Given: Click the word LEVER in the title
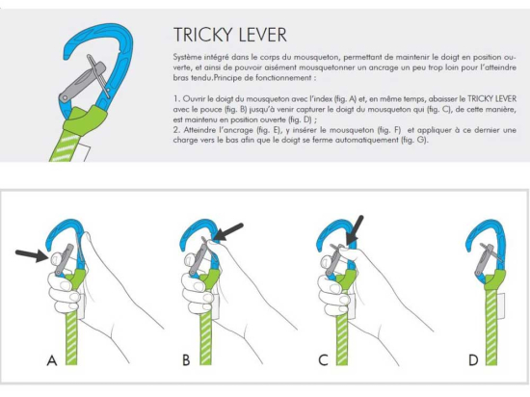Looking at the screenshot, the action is (261, 35).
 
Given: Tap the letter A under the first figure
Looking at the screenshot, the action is (52, 360).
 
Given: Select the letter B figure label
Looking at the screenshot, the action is (186, 360).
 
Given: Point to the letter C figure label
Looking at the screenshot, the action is (323, 360).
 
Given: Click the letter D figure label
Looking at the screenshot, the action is (473, 360).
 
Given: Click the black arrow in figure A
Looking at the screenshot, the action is (32, 255).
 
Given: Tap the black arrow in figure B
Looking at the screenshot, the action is (229, 232).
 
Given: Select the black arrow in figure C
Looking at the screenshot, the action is (355, 229).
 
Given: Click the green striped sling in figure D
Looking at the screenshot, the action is (491, 326).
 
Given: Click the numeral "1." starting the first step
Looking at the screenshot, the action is (176, 99).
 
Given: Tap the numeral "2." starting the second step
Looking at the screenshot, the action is (176, 130).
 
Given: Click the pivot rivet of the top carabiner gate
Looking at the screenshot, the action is (65, 98).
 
